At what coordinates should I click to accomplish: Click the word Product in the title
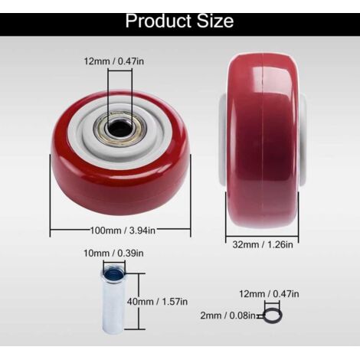tap(159, 21)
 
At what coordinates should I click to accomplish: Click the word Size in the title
tap(215, 21)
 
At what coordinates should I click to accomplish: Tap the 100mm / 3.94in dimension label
tap(123, 231)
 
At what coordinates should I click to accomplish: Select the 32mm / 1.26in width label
tap(263, 244)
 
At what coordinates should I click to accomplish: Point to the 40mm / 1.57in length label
tap(157, 302)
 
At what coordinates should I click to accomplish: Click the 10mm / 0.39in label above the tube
tap(113, 254)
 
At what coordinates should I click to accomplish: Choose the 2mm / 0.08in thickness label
tap(227, 316)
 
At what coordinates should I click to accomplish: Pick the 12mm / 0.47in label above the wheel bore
tap(114, 61)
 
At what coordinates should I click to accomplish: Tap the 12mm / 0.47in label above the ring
tap(269, 294)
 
